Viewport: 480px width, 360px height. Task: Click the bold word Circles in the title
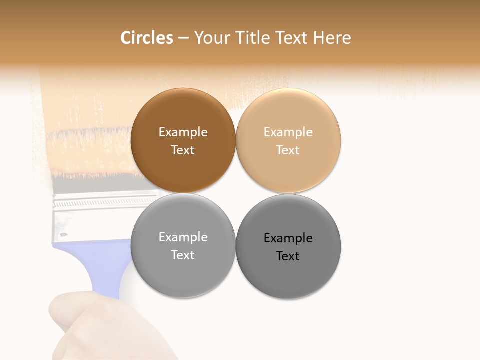(x=146, y=38)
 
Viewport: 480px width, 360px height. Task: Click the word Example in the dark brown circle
(x=183, y=132)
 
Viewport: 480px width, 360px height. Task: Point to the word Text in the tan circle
(x=288, y=150)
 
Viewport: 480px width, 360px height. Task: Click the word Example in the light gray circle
(x=183, y=237)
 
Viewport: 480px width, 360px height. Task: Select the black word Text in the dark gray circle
(x=288, y=256)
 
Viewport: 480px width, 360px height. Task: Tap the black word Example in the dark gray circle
(x=288, y=238)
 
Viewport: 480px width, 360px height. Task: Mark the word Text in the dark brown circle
(x=183, y=150)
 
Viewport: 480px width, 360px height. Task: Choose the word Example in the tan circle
(x=288, y=132)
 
